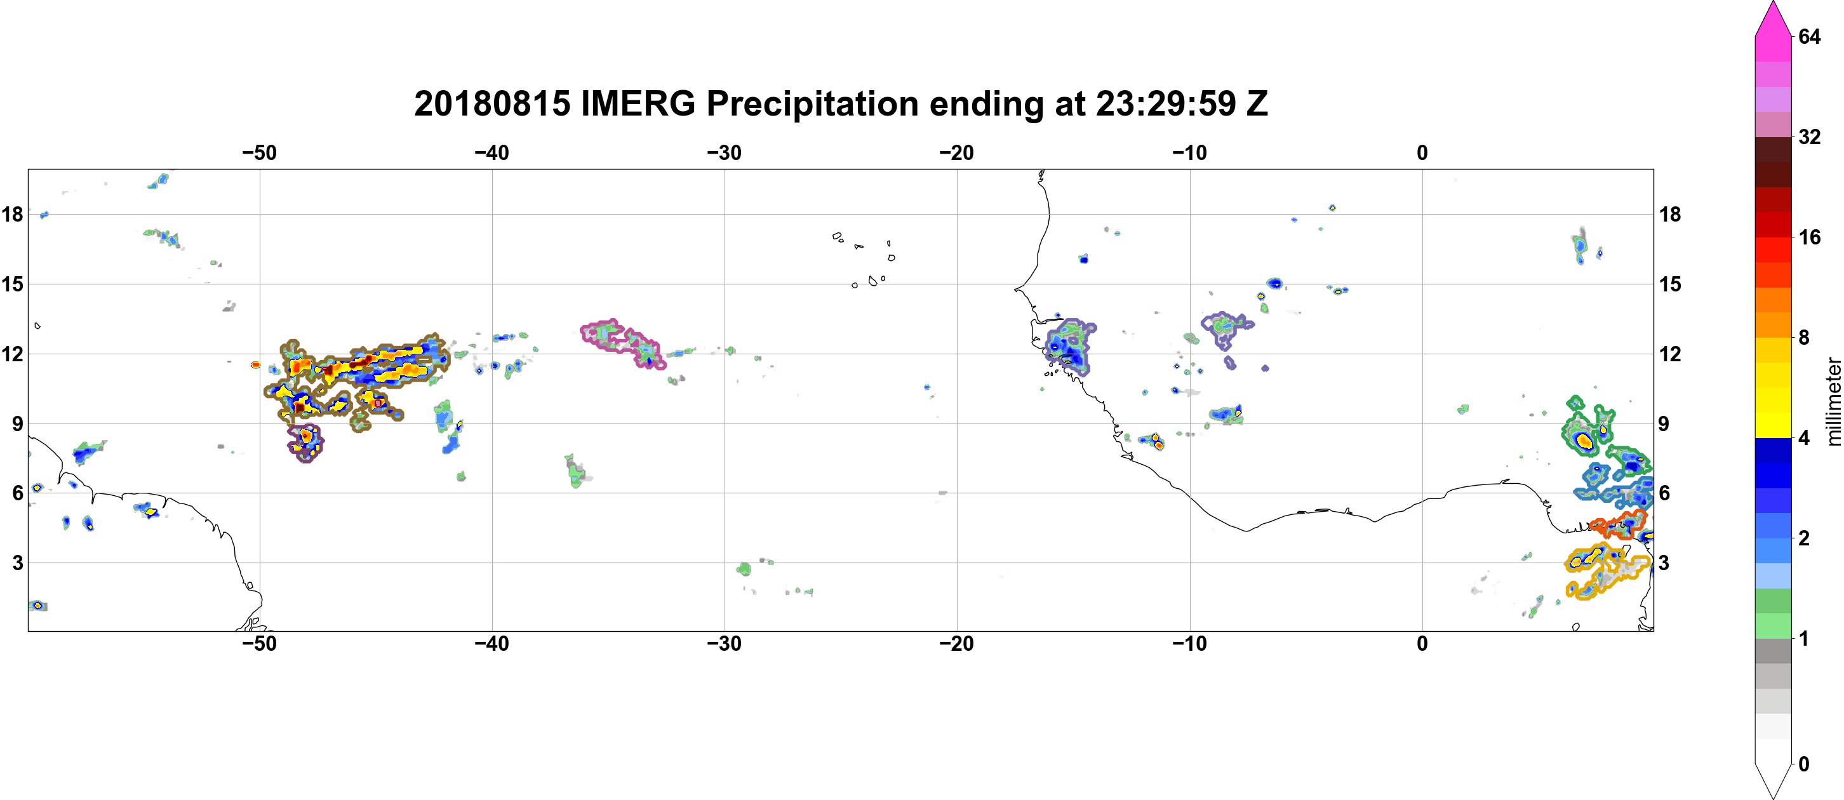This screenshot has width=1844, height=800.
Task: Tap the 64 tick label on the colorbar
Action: (x=1810, y=36)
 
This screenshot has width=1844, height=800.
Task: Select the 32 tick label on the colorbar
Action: (x=1810, y=137)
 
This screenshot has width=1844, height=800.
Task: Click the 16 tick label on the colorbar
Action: (x=1810, y=237)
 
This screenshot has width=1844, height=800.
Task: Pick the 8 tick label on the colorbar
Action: (x=1804, y=337)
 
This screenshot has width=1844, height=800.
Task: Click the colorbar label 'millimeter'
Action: (x=1833, y=401)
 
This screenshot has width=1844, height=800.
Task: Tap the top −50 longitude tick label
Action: (x=259, y=152)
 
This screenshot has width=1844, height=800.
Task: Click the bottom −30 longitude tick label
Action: (x=725, y=643)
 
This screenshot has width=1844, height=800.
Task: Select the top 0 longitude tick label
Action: (x=1422, y=152)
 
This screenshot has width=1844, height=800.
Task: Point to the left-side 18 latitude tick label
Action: (x=12, y=214)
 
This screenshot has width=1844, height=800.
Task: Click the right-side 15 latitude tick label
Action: (x=1670, y=284)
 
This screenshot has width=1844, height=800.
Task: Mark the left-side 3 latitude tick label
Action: (x=18, y=563)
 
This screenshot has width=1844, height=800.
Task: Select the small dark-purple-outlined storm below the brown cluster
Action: (x=305, y=443)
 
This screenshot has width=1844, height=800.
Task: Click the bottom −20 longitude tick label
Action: (x=957, y=643)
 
